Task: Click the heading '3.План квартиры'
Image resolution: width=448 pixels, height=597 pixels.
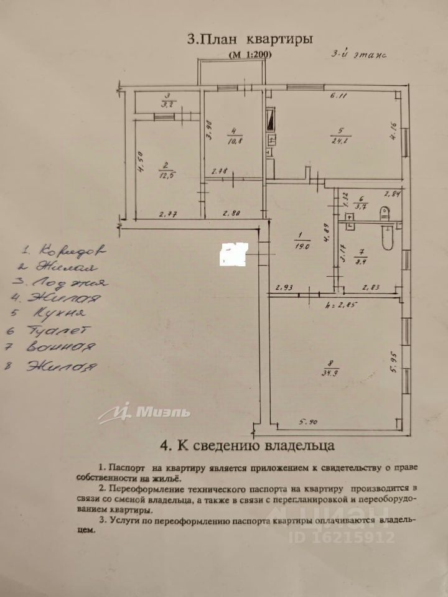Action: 250,39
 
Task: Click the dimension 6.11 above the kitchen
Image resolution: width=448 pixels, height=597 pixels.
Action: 338,96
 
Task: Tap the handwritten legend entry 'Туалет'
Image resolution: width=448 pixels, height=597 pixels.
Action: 57,331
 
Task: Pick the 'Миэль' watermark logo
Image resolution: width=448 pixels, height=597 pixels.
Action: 144,412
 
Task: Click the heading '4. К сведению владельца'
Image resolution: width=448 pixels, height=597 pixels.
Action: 248,445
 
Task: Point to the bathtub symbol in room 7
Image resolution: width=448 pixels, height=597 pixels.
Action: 387,236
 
